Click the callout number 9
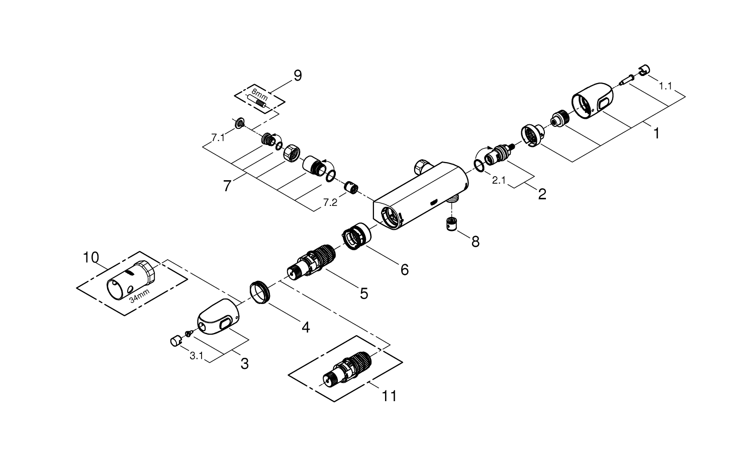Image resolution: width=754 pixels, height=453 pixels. [x=298, y=75]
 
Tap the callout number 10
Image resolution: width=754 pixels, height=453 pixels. [x=91, y=258]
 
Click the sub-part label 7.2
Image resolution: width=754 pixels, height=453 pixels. [x=330, y=202]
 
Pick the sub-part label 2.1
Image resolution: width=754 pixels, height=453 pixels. [x=499, y=180]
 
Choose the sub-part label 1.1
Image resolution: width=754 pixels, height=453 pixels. [x=665, y=86]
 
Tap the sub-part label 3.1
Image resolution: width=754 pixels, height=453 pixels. [x=196, y=355]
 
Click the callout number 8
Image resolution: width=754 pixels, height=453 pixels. [x=475, y=242]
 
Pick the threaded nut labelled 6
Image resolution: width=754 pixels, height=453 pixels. [x=356, y=235]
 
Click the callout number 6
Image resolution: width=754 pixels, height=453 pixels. [x=405, y=270]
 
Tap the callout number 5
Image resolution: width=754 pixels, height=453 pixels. [x=363, y=293]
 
